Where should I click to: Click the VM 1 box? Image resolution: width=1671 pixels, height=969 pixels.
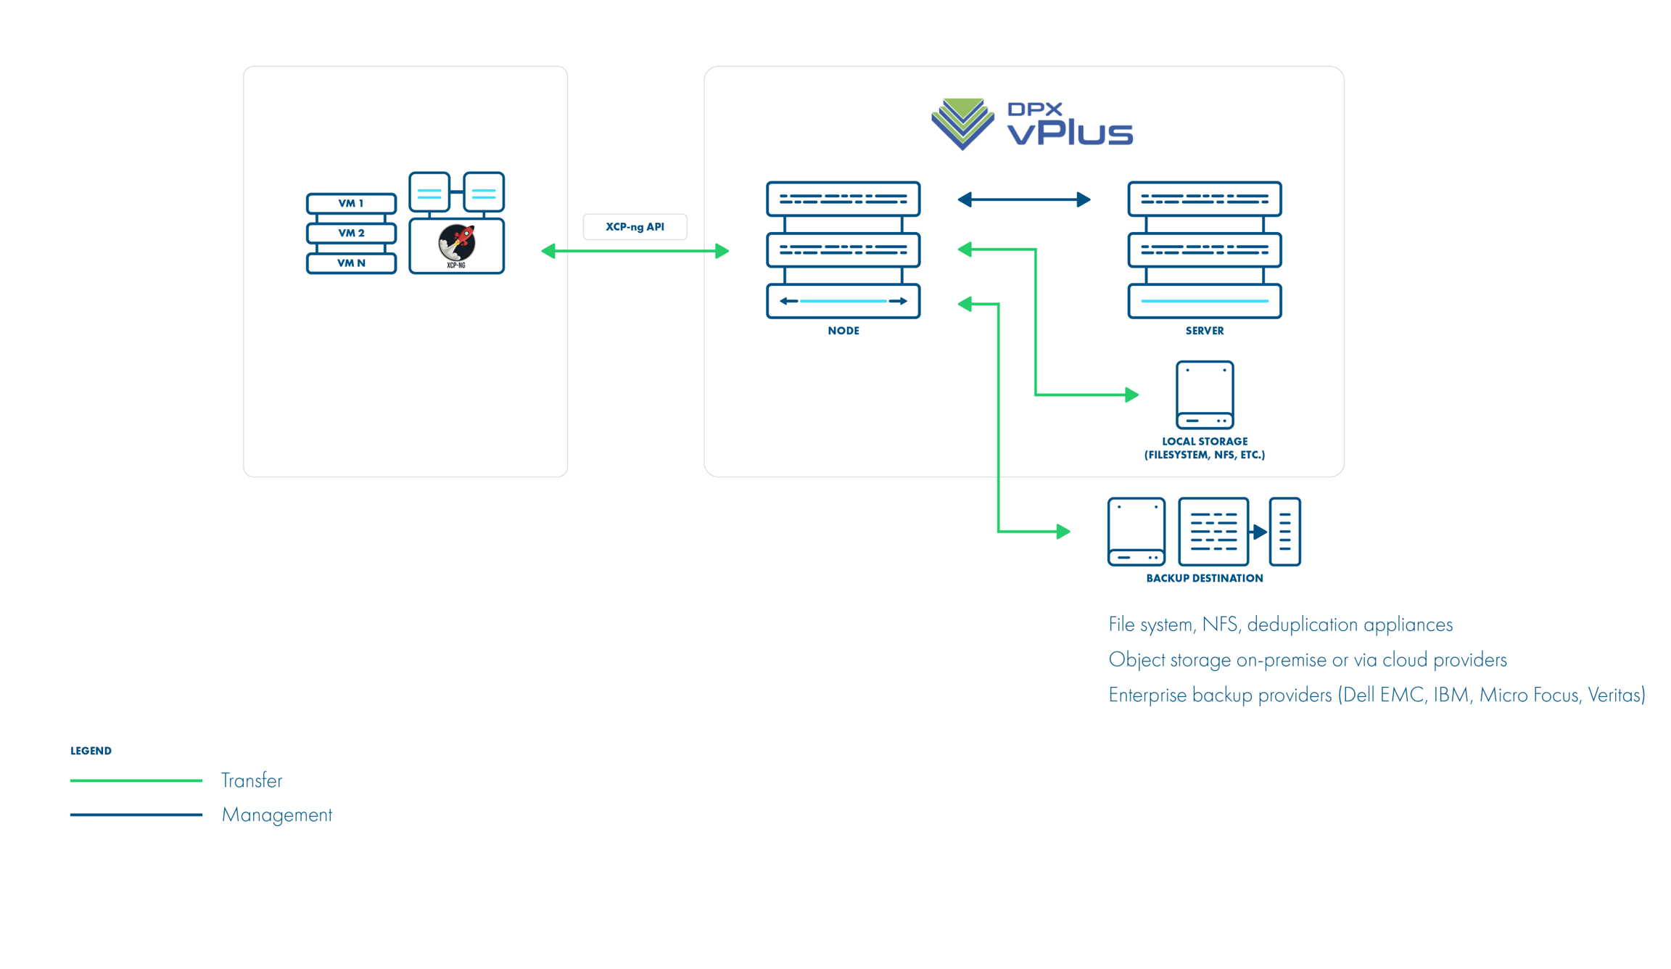click(x=351, y=203)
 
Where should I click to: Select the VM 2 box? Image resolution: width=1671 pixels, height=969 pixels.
click(x=351, y=233)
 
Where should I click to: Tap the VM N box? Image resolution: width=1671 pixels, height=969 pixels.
click(x=351, y=263)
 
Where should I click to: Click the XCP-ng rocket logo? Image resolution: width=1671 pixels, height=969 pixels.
click(x=456, y=243)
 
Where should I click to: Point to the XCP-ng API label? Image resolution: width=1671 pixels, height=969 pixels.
click(x=635, y=226)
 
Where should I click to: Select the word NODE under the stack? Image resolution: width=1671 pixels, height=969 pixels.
click(x=843, y=331)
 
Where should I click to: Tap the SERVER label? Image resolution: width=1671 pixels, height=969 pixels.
click(x=1204, y=331)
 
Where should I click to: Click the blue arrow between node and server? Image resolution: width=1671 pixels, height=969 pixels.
click(x=1023, y=199)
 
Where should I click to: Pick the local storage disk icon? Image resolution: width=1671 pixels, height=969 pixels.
click(x=1204, y=395)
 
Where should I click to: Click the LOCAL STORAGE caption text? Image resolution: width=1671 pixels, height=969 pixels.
click(x=1204, y=448)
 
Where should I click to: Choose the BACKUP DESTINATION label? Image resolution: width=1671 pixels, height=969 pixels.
click(x=1204, y=578)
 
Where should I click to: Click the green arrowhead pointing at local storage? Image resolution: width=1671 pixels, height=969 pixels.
click(x=1131, y=395)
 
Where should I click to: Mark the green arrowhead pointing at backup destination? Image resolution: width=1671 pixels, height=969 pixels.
click(x=1063, y=532)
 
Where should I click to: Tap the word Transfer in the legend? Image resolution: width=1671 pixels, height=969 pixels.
click(x=251, y=780)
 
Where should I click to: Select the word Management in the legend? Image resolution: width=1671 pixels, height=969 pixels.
click(x=276, y=815)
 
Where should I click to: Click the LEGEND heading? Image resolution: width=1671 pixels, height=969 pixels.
click(x=91, y=751)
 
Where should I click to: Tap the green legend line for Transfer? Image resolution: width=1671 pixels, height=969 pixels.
click(x=136, y=780)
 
